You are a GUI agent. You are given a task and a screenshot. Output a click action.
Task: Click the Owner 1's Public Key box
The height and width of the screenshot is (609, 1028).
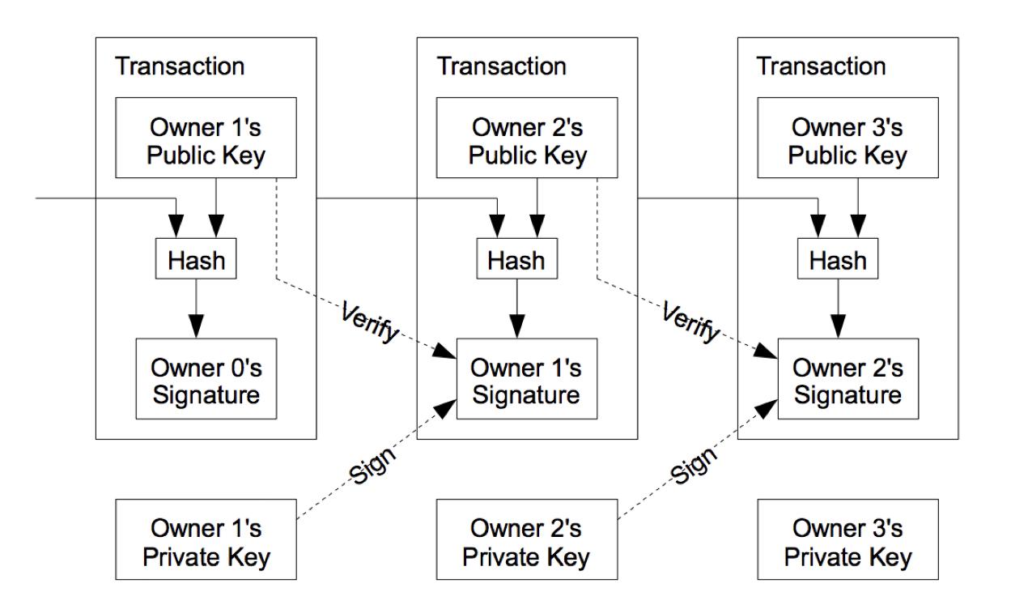[206, 138]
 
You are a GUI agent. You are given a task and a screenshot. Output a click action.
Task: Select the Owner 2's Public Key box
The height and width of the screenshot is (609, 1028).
[527, 138]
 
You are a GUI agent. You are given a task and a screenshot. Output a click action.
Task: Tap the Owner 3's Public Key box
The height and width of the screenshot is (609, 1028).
[847, 138]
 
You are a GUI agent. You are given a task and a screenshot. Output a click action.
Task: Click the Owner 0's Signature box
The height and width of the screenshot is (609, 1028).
[206, 378]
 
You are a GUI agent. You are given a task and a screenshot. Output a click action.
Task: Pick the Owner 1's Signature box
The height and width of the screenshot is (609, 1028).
[527, 378]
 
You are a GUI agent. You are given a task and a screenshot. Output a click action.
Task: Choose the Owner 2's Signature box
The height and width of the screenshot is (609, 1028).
[848, 378]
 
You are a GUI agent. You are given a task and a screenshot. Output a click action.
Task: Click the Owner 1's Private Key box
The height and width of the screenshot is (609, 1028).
[206, 539]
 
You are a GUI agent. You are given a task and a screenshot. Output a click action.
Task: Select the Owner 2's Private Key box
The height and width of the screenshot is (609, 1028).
[527, 539]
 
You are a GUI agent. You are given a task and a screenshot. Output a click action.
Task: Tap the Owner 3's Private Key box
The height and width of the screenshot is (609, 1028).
[847, 539]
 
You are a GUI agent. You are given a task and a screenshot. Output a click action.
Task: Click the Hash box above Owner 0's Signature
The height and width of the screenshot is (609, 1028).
[196, 258]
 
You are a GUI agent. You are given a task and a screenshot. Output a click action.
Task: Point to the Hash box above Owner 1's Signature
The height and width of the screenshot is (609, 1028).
[517, 258]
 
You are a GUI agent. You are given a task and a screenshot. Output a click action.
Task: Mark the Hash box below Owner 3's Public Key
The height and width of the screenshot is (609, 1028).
[838, 258]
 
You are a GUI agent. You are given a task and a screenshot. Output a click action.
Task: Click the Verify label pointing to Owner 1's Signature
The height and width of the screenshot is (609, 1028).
[371, 322]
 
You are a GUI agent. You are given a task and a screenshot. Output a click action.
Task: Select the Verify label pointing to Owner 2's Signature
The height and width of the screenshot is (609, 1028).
[691, 322]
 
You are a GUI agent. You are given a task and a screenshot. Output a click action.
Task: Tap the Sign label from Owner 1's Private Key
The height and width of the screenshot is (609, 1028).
[372, 464]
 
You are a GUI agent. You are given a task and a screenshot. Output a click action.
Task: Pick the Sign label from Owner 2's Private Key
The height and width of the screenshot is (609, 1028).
[694, 464]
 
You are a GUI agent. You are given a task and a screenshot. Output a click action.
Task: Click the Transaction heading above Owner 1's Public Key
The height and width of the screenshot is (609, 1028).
[180, 66]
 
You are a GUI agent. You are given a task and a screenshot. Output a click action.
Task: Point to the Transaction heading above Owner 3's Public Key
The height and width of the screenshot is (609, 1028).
[822, 66]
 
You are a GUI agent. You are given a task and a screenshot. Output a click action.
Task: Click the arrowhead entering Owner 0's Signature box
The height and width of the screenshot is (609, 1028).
[197, 326]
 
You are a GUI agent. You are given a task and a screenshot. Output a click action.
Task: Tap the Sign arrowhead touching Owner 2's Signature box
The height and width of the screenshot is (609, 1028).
[767, 408]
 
